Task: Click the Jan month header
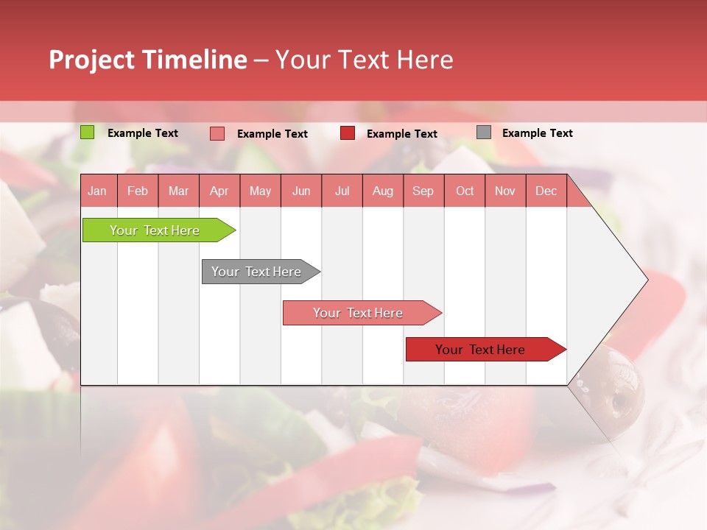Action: [97, 191]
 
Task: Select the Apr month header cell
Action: [219, 191]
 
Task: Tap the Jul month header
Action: [342, 191]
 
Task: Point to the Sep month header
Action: [423, 191]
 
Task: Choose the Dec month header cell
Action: [546, 191]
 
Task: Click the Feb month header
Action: [138, 191]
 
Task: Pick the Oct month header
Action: [465, 191]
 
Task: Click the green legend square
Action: [87, 132]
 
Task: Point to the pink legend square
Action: [217, 133]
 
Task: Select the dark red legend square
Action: [348, 133]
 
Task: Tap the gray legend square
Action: [484, 132]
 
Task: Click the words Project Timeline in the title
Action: [147, 60]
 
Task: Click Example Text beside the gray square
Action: [537, 133]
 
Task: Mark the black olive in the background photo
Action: [615, 386]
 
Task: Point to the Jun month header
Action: [301, 191]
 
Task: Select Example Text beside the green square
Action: [142, 133]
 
